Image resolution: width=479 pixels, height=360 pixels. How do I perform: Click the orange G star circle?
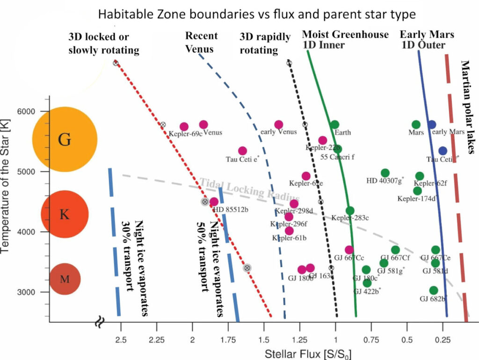tap(65, 139)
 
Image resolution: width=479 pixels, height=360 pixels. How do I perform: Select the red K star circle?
tap(65, 214)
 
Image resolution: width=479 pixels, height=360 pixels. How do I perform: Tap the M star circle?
tap(65, 279)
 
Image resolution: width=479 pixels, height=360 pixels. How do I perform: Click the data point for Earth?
tap(334, 124)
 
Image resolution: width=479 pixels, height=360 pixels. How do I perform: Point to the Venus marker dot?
tap(203, 124)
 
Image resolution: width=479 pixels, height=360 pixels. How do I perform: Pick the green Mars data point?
tap(416, 124)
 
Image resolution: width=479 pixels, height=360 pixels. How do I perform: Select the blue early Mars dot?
tap(432, 124)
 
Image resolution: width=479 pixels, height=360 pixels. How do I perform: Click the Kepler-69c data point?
tap(184, 127)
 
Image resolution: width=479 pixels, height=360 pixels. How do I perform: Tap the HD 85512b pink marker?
tap(214, 202)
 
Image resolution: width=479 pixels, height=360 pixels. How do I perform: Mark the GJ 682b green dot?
tap(434, 290)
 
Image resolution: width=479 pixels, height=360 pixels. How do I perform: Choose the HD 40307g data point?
tap(385, 173)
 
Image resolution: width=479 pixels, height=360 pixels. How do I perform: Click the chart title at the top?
tap(256, 14)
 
